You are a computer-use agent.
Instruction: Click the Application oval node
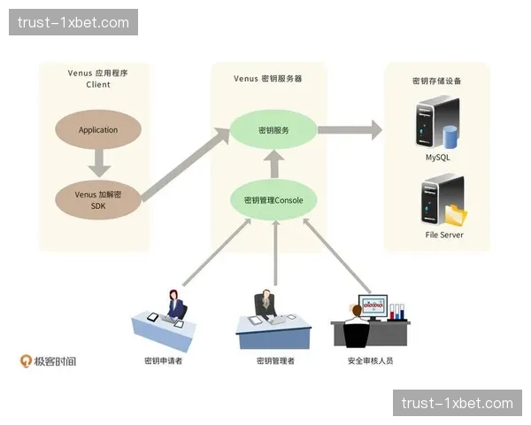click(x=97, y=130)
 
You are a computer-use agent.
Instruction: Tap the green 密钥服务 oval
click(x=273, y=130)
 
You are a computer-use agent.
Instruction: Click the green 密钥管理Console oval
click(x=273, y=200)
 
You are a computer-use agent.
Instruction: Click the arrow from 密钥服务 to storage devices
click(x=350, y=130)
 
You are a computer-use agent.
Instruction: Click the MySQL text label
click(x=438, y=157)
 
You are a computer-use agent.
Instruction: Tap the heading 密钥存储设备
click(x=436, y=81)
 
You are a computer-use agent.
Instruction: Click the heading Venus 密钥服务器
click(x=267, y=78)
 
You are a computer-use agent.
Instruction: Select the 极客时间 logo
click(x=49, y=361)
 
